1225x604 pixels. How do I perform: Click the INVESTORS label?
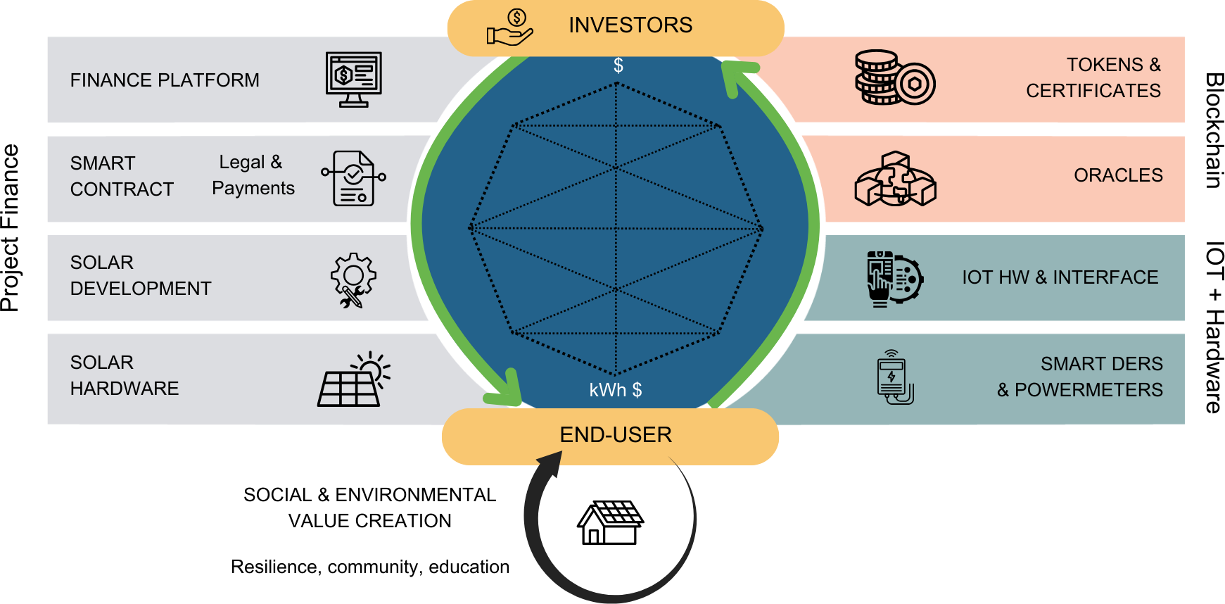(x=630, y=25)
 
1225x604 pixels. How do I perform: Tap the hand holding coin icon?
(x=510, y=28)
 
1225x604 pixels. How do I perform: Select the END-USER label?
(x=616, y=435)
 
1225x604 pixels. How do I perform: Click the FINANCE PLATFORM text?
(x=165, y=80)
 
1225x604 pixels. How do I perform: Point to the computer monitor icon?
(x=354, y=79)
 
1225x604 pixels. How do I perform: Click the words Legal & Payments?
(x=253, y=175)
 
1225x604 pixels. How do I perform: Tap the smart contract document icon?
(x=353, y=178)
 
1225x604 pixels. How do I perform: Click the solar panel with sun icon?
(x=354, y=380)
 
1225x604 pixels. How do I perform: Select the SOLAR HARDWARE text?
(x=125, y=375)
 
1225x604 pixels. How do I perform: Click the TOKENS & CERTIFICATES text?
(x=1094, y=77)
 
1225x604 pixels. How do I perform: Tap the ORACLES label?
(x=1118, y=175)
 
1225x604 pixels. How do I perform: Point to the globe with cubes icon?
(x=895, y=179)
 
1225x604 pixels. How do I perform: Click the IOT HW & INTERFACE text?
(x=1060, y=277)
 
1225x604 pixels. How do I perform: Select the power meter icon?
(x=894, y=378)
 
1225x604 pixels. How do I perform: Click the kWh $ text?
(x=615, y=390)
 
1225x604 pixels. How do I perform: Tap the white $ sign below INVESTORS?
(x=618, y=65)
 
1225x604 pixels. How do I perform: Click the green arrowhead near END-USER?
(x=508, y=391)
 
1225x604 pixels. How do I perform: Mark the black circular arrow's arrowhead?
(x=550, y=465)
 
